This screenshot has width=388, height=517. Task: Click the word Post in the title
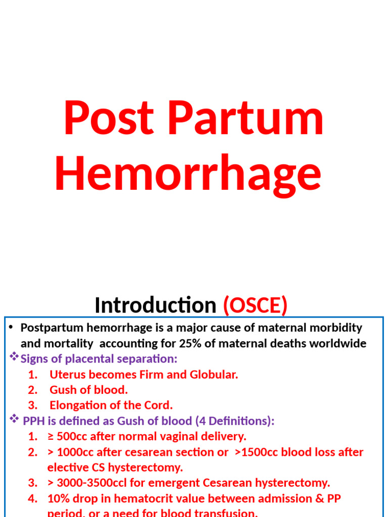point(108,119)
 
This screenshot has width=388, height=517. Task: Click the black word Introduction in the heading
point(155,305)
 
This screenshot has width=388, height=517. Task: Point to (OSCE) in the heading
point(255,305)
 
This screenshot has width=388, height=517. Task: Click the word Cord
point(161,405)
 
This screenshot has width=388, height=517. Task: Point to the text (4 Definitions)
point(235,421)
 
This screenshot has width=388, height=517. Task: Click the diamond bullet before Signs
point(15,357)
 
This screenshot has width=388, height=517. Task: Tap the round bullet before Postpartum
point(11,328)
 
